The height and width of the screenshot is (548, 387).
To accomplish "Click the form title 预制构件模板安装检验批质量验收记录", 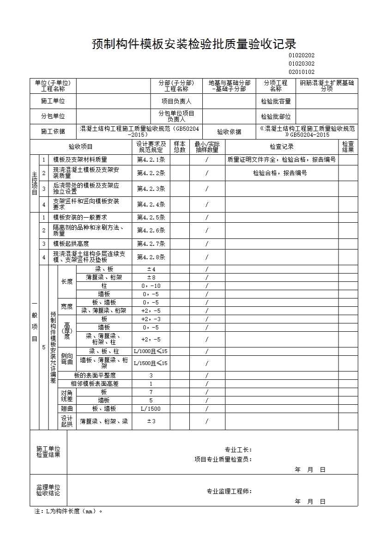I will click(193, 44).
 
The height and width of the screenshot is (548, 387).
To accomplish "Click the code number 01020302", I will click(301, 64).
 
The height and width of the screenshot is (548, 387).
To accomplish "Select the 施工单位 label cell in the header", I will click(53, 101).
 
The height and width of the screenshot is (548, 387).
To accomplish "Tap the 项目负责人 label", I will click(176, 101).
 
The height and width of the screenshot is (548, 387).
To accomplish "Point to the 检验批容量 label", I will click(276, 101).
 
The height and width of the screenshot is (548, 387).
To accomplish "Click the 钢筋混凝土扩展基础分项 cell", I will click(327, 86).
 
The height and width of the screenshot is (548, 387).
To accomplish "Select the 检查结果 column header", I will click(348, 147).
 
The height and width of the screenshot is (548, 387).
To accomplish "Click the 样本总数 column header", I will click(180, 147).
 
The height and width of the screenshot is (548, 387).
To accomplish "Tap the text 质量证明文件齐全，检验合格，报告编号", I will click(281, 160).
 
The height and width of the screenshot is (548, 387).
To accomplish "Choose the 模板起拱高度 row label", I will click(71, 244).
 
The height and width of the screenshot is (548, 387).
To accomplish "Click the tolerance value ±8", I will click(151, 277).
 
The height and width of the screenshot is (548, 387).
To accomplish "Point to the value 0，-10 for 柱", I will click(151, 286).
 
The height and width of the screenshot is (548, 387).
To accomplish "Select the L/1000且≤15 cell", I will click(151, 351).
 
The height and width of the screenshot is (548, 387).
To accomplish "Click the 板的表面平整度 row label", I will click(95, 375).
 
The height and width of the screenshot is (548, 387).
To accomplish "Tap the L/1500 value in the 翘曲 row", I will click(151, 408).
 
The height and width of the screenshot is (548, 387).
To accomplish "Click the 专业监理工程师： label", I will click(229, 491).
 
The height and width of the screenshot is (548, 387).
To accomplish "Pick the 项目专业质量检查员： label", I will click(223, 459).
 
